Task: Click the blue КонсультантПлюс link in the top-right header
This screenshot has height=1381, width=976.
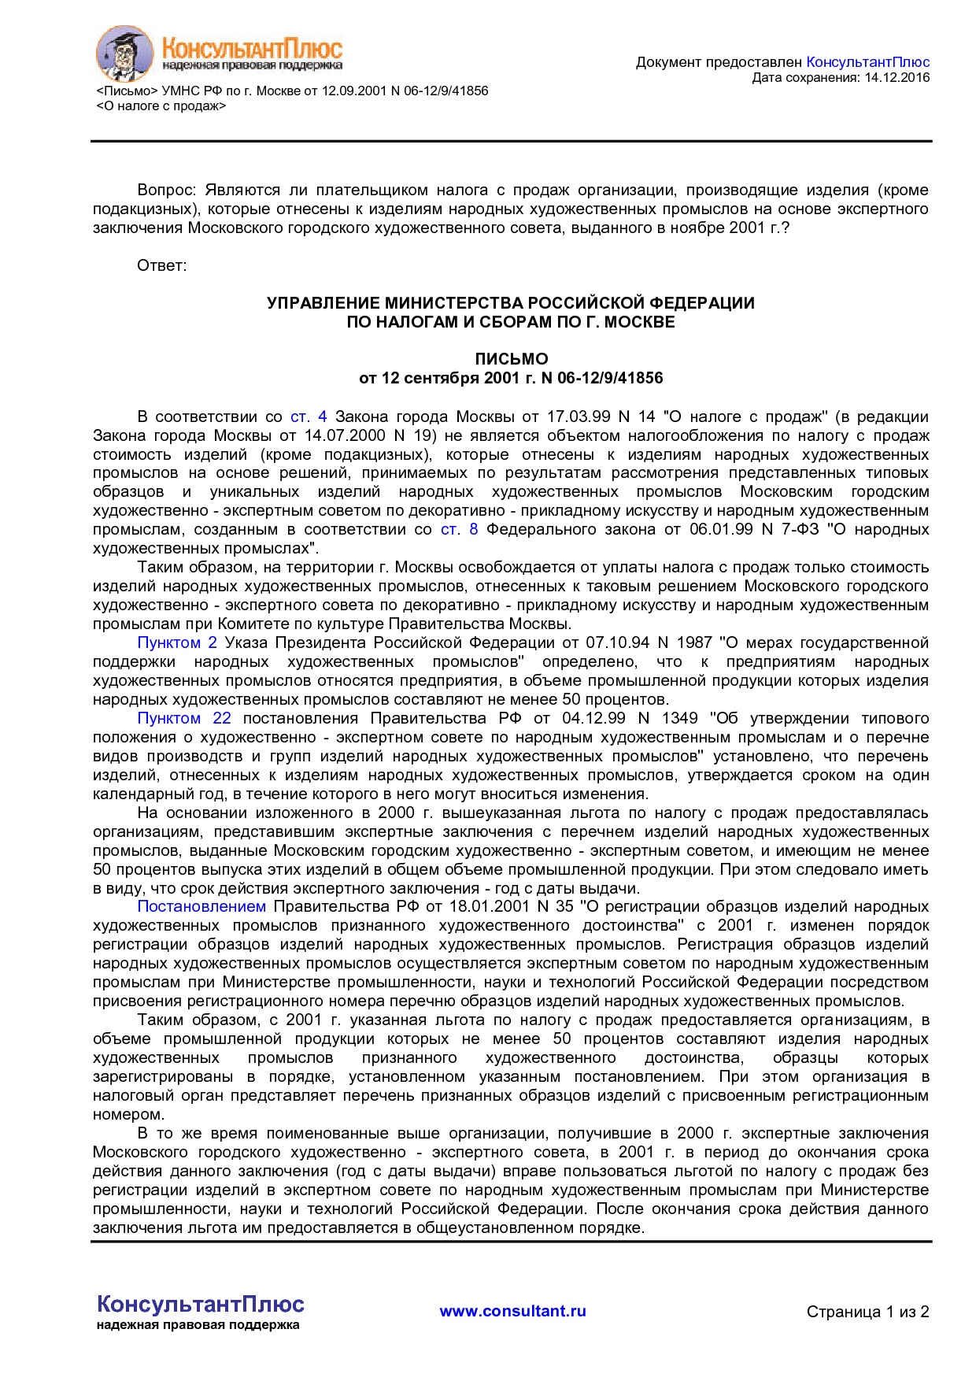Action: (x=867, y=62)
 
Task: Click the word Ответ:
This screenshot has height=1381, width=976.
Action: (x=162, y=265)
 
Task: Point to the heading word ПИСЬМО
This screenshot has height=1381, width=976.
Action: (x=511, y=359)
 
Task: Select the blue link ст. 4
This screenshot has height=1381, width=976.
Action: (x=309, y=417)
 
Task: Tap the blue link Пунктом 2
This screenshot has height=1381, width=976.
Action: (x=177, y=643)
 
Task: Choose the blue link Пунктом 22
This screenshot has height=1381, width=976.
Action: (x=184, y=719)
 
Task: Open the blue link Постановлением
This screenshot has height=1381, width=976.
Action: (x=201, y=907)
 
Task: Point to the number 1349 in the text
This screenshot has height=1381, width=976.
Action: (x=679, y=719)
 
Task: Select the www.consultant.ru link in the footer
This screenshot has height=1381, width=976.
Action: (x=512, y=1311)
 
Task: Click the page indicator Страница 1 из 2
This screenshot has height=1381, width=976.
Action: (x=867, y=1312)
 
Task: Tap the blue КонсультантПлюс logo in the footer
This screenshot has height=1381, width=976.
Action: (x=201, y=1305)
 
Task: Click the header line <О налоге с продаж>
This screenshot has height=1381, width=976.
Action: (x=161, y=106)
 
